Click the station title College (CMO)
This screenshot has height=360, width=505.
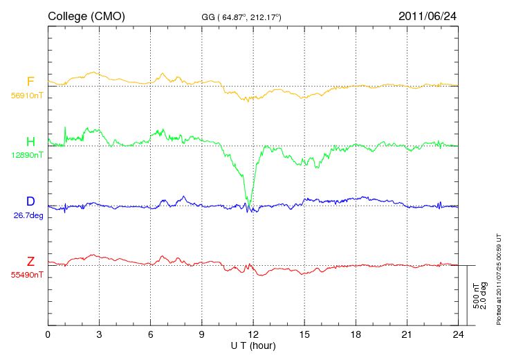[86, 17]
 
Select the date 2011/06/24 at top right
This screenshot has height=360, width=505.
[428, 16]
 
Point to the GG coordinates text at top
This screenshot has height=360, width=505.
[241, 17]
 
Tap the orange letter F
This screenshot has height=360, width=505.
[30, 81]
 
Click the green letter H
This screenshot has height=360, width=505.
[30, 141]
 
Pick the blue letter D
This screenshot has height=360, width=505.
[30, 201]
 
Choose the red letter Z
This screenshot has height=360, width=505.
[30, 261]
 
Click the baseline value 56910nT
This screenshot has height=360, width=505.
[27, 96]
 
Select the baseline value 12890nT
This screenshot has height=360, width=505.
[27, 155]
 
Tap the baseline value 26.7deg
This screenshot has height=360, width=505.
[28, 215]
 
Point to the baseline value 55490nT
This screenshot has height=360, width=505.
[27, 275]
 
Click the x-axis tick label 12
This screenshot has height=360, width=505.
[253, 334]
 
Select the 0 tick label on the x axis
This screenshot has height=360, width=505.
[48, 334]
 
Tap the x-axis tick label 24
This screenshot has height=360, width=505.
[458, 334]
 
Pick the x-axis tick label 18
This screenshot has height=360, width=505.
[356, 334]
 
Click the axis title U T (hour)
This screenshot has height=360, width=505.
[253, 346]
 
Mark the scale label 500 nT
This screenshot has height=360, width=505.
[476, 296]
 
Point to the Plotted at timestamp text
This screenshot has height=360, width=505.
[499, 279]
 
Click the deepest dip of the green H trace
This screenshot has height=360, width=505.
[248, 206]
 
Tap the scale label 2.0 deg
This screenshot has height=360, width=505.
[483, 296]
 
